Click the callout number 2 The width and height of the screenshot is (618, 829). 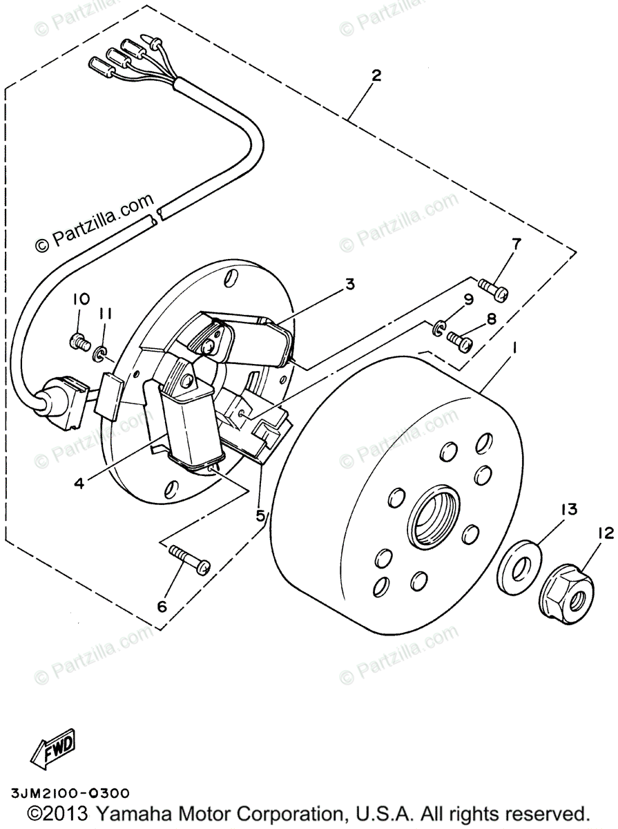click(376, 76)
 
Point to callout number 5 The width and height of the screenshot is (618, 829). click(260, 515)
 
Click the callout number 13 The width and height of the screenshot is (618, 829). click(568, 511)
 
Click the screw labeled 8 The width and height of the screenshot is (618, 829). click(458, 341)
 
